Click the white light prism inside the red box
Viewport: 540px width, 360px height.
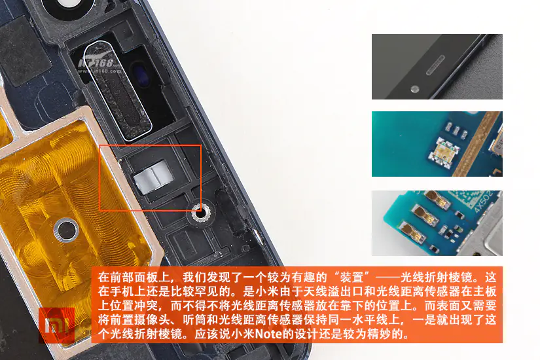click(x=153, y=177)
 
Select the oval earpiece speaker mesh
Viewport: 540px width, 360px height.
click(x=117, y=90)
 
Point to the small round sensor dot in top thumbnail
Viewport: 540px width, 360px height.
click(x=415, y=89)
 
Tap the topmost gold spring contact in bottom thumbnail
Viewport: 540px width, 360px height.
click(x=438, y=199)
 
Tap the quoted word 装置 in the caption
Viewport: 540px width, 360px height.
click(x=351, y=277)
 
